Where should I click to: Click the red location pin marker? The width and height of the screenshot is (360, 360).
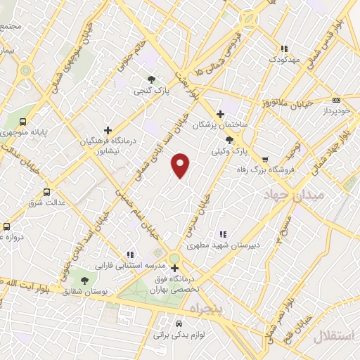tap(181, 165)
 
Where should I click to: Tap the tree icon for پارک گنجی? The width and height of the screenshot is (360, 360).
tap(150, 79)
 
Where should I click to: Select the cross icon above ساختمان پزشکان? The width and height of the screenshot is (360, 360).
tap(220, 113)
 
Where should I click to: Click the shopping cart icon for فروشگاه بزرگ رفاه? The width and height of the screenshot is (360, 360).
tap(265, 159)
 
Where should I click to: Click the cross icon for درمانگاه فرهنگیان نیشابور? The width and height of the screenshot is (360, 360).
tap(108, 129)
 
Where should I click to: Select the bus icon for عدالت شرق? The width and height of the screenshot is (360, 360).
tap(47, 191)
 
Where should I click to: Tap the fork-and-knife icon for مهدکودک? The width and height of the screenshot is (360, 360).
tap(283, 49)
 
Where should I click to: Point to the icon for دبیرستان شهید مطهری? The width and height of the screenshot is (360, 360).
tap(222, 234)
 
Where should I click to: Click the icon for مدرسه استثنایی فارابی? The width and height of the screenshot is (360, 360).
tap(129, 255)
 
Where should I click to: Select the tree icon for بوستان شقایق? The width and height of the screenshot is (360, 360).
tap(85, 281)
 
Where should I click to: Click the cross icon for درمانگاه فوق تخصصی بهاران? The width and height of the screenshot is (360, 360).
tap(174, 267)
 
